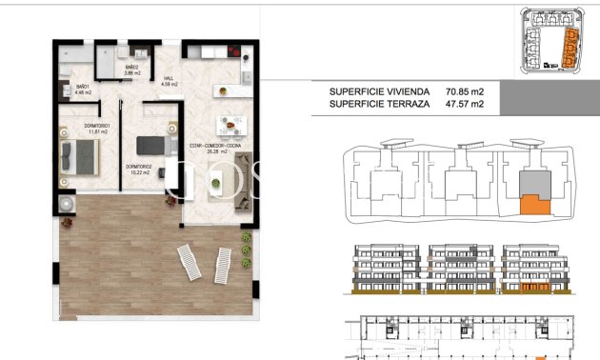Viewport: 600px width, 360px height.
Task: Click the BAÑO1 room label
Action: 84,89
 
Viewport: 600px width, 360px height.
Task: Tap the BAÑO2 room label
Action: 132,69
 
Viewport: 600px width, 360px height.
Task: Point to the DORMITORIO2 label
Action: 141,169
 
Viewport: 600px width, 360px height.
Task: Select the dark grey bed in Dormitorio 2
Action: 152,145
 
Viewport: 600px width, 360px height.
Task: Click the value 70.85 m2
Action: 465,91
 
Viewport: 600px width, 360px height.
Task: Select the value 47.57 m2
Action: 465,105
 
